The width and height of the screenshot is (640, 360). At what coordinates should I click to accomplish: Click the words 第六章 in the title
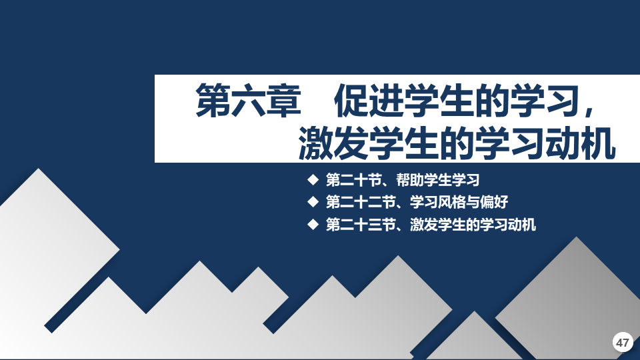point(248,101)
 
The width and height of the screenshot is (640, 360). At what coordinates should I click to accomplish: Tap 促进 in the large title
point(369,101)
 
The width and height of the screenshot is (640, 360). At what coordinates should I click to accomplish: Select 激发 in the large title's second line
point(333,143)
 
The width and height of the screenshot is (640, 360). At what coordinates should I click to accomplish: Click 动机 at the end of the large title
point(581,143)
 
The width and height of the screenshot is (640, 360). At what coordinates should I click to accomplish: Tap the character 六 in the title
point(248,101)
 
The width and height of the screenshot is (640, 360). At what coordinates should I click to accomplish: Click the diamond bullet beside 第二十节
point(313,179)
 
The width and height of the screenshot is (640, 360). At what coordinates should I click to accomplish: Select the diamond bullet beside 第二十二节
point(313,201)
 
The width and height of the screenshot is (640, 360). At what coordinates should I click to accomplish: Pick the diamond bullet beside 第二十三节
point(313,224)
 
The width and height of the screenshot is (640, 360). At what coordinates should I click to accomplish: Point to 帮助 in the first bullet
point(410,180)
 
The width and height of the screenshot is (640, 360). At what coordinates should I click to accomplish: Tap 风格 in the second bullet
point(452,202)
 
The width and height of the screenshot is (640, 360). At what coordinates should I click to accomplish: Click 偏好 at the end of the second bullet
point(494,202)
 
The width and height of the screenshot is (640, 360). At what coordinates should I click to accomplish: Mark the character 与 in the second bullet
point(473,202)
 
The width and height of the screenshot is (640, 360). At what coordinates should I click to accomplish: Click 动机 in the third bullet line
point(521,225)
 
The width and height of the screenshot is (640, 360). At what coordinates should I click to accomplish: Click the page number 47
point(623,342)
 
